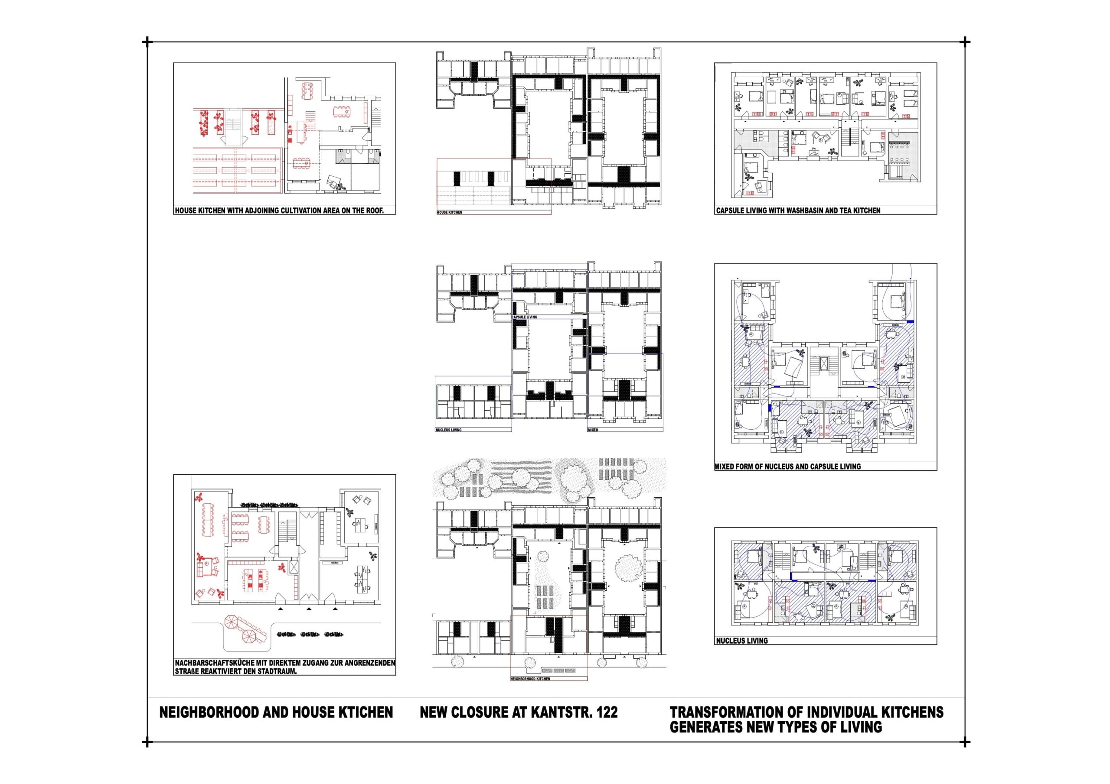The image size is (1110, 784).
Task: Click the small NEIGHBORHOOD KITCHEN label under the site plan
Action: coord(530,679)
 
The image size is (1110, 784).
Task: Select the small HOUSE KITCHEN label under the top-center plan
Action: coord(450,213)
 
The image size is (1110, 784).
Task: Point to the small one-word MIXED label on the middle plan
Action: coord(593,430)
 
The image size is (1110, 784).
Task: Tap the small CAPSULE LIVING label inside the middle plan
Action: coord(525,317)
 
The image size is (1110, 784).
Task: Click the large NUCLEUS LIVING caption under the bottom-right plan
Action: coord(742,641)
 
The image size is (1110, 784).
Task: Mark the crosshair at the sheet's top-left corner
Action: coord(147,42)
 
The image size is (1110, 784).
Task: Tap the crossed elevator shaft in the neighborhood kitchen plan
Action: coord(294,567)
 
